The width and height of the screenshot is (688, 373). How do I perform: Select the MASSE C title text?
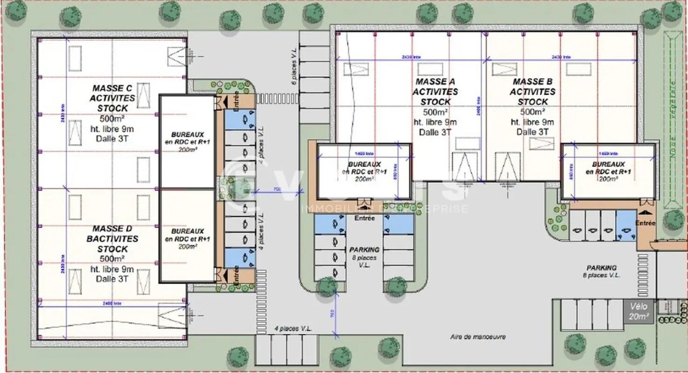tap(112, 88)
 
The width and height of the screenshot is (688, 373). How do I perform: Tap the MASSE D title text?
tap(112, 228)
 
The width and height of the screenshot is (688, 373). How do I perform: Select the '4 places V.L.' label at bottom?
tap(293, 329)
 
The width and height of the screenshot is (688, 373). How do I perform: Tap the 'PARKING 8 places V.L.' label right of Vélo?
tap(601, 271)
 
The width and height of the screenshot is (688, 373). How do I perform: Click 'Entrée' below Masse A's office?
tap(365, 218)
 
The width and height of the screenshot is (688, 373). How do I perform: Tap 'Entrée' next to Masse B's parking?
tap(646, 223)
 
